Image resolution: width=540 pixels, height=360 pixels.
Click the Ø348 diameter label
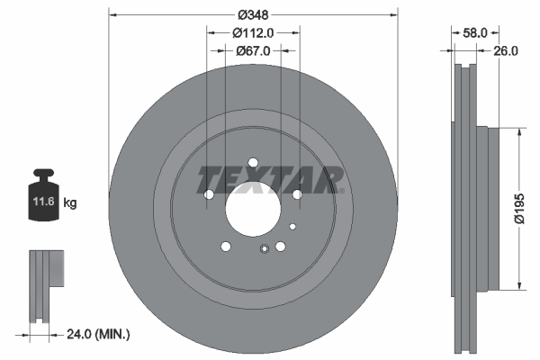click(x=252, y=14)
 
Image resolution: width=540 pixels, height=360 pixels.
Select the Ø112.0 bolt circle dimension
click(x=252, y=32)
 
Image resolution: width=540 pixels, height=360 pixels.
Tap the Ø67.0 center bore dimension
click(x=253, y=51)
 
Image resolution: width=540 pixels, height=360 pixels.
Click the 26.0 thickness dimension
click(x=506, y=51)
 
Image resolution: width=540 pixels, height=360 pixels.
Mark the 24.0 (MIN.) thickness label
click(x=98, y=334)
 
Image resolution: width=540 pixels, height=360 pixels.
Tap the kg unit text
click(x=71, y=203)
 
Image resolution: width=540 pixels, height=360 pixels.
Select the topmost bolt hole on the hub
click(x=253, y=163)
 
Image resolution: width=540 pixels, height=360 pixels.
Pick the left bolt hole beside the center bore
click(x=209, y=194)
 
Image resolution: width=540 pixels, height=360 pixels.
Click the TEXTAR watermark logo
click(x=268, y=179)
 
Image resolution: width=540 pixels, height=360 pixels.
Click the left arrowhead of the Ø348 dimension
click(x=112, y=14)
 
